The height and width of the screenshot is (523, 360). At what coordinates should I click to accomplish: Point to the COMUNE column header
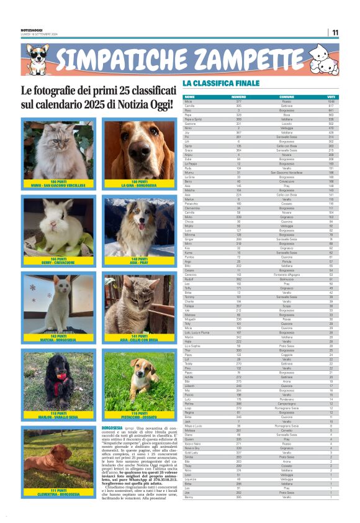click(287, 97)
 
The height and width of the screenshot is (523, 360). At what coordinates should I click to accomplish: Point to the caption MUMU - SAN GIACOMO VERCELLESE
click(58, 185)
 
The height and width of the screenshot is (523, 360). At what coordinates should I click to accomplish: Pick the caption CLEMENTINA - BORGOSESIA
click(58, 493)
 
